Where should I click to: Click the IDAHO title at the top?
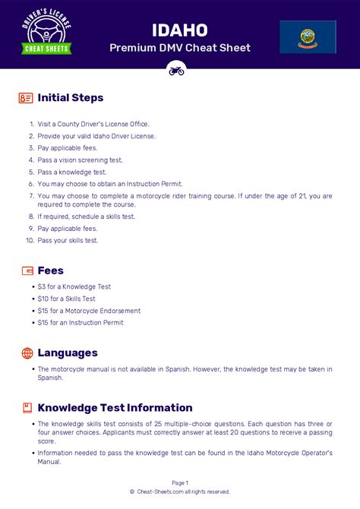[x=179, y=30]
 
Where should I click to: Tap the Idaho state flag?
[x=308, y=36]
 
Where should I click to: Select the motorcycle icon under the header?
[x=176, y=70]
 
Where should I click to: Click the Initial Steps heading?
[x=70, y=98]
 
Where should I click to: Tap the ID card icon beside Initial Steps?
[x=27, y=98]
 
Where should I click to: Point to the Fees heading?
[x=50, y=270]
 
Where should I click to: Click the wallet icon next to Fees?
[x=27, y=270]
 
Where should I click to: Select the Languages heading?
[x=68, y=353]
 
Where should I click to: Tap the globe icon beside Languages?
[x=27, y=353]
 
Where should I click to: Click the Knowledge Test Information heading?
[x=115, y=408]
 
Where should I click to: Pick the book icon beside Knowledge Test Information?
[x=27, y=408]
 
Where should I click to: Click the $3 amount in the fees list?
[x=42, y=286]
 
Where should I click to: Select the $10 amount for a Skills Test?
[x=43, y=299]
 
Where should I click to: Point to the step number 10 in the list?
[x=30, y=241]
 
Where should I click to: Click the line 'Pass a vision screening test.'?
[x=80, y=160]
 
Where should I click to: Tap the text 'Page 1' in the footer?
[x=180, y=482]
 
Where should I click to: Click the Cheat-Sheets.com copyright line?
[x=180, y=492]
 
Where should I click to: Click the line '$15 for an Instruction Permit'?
[x=81, y=323]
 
